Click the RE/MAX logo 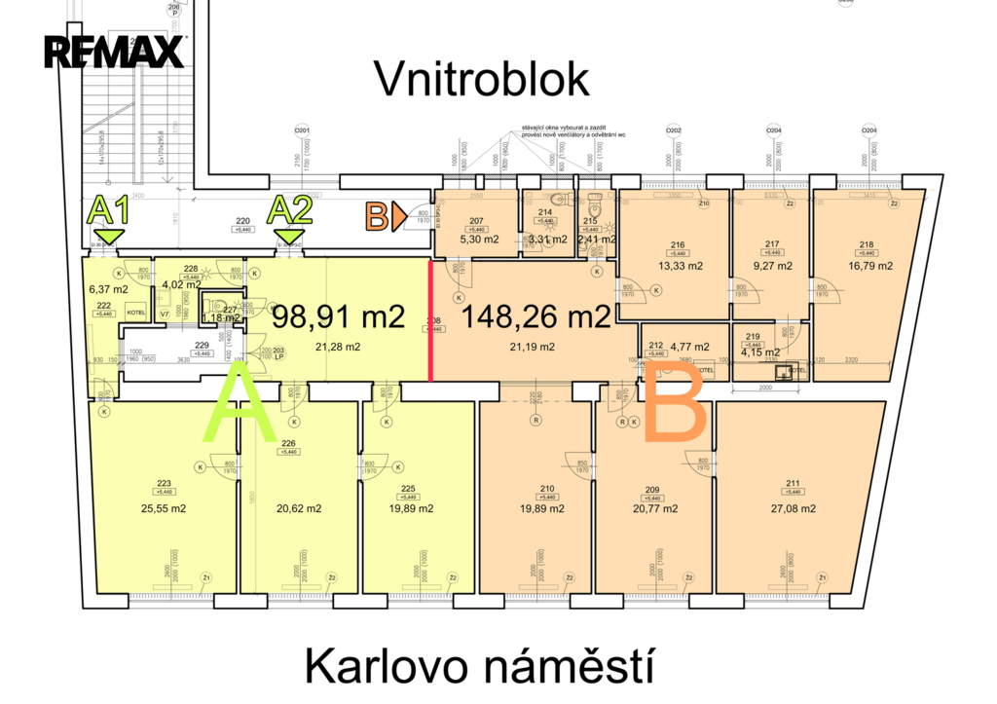[114, 51]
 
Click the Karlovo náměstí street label [476, 669]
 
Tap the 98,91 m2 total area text [338, 317]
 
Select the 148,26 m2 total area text [536, 317]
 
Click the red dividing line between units [431, 320]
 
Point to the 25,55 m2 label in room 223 [164, 508]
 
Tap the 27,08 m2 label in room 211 [793, 508]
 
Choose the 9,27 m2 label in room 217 [773, 266]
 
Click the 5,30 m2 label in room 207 [476, 239]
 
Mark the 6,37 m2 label [107, 289]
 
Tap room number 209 [652, 489]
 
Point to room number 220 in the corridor [242, 221]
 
